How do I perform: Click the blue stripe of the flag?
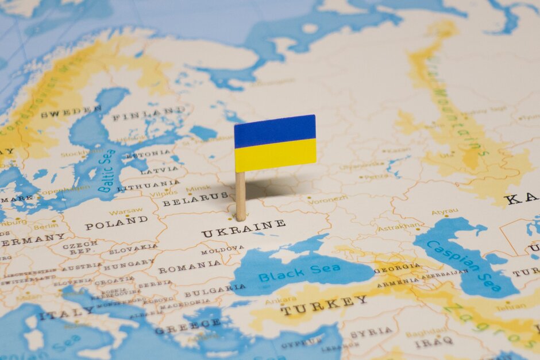point(275,131)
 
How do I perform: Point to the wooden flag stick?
point(240,195)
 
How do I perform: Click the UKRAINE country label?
point(243,229)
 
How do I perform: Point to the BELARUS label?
point(187,199)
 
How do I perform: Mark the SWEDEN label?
point(71,111)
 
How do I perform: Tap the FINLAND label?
point(148,114)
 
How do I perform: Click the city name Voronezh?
point(327,199)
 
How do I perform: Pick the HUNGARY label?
point(129,264)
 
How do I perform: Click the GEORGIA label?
point(398,268)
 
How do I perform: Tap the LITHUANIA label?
point(148,185)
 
